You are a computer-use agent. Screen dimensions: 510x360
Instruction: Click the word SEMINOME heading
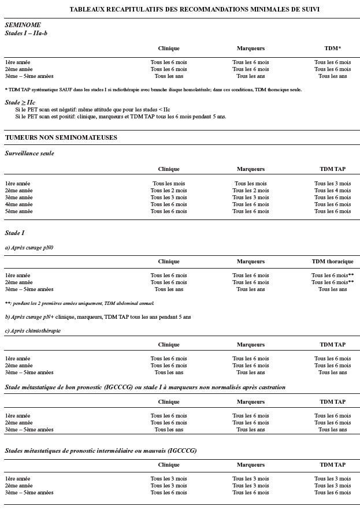tap(23, 26)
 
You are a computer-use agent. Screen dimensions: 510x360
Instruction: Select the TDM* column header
tap(332, 49)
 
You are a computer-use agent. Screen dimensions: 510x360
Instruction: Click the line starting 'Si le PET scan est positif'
tap(121, 116)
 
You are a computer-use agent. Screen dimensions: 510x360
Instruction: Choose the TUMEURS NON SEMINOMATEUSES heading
tap(61, 137)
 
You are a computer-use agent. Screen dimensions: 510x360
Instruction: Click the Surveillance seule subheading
tap(29, 154)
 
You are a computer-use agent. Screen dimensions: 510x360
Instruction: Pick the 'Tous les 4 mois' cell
tap(332, 191)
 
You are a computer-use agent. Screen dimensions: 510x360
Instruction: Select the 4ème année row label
tap(19, 204)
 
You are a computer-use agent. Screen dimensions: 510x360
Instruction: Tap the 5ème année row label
tap(19, 211)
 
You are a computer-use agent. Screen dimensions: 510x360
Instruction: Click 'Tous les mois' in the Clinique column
tap(169, 184)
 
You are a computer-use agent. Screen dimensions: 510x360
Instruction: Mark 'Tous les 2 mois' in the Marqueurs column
tap(251, 191)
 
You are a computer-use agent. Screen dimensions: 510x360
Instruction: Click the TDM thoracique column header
tap(332, 262)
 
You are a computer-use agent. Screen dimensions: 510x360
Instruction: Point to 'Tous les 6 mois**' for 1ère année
tap(333, 276)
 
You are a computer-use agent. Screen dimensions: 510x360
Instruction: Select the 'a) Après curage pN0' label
tap(29, 247)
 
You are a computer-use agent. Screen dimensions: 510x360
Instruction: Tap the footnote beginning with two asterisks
tap(79, 303)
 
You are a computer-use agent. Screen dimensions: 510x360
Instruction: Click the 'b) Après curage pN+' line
tap(98, 317)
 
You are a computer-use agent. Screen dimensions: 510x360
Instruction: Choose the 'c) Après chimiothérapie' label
tap(32, 331)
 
